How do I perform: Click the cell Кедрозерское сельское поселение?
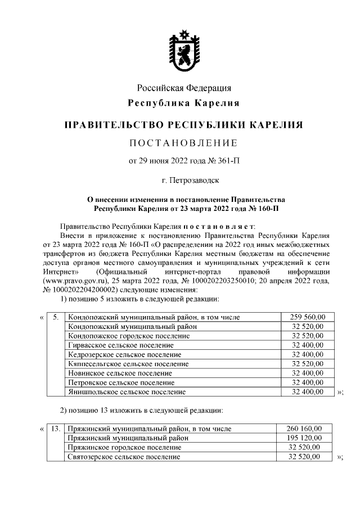(x=124, y=354)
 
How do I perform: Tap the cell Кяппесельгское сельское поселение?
(x=128, y=364)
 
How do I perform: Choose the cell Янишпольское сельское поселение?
(x=127, y=391)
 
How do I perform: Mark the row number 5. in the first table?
(x=56, y=317)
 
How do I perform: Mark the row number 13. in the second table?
(x=56, y=429)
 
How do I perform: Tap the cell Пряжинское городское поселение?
(x=124, y=447)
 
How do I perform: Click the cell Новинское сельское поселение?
(x=120, y=373)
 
